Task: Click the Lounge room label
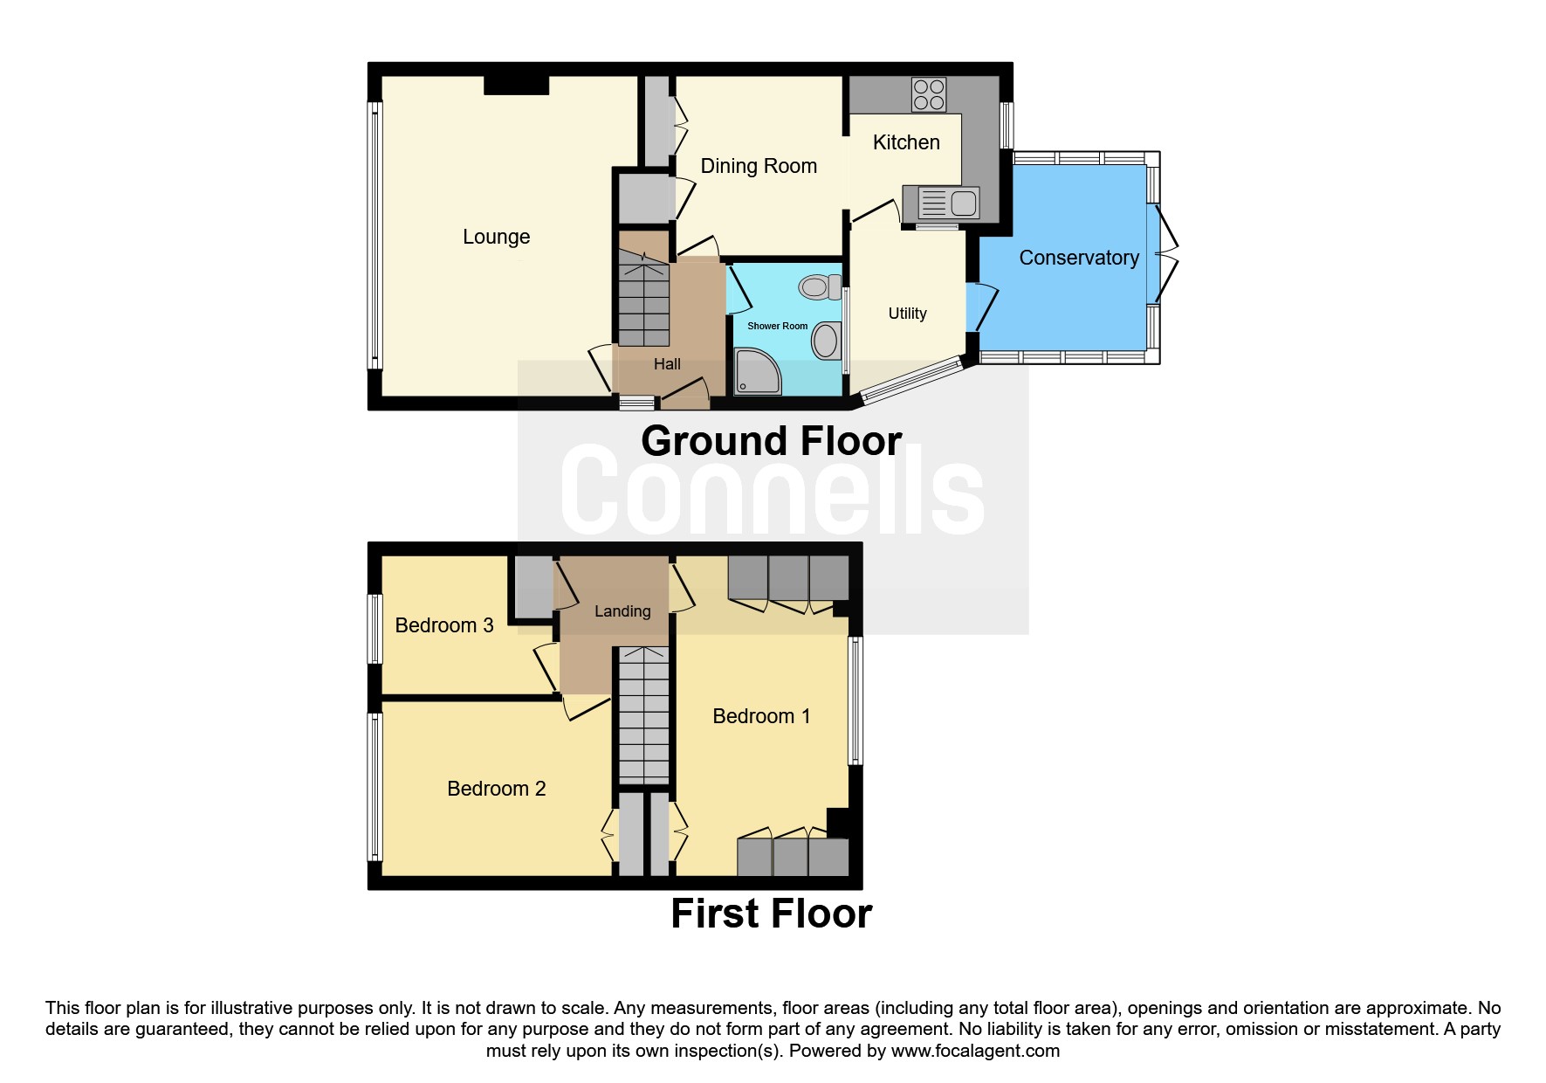tap(496, 237)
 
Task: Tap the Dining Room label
tap(759, 166)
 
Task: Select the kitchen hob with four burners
tap(928, 94)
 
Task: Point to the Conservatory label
tap(1079, 258)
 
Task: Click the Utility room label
tap(907, 314)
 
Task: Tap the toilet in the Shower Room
tap(819, 286)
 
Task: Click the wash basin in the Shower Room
tap(825, 340)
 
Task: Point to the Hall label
tap(667, 364)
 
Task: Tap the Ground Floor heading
tap(771, 441)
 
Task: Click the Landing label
tap(622, 611)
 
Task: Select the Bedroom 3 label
tap(444, 625)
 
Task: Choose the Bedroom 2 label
tap(496, 789)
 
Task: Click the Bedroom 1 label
tap(761, 716)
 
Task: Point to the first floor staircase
tap(643, 716)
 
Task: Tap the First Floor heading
tap(771, 914)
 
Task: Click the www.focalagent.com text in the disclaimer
tap(975, 1051)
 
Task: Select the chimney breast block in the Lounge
tap(516, 85)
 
